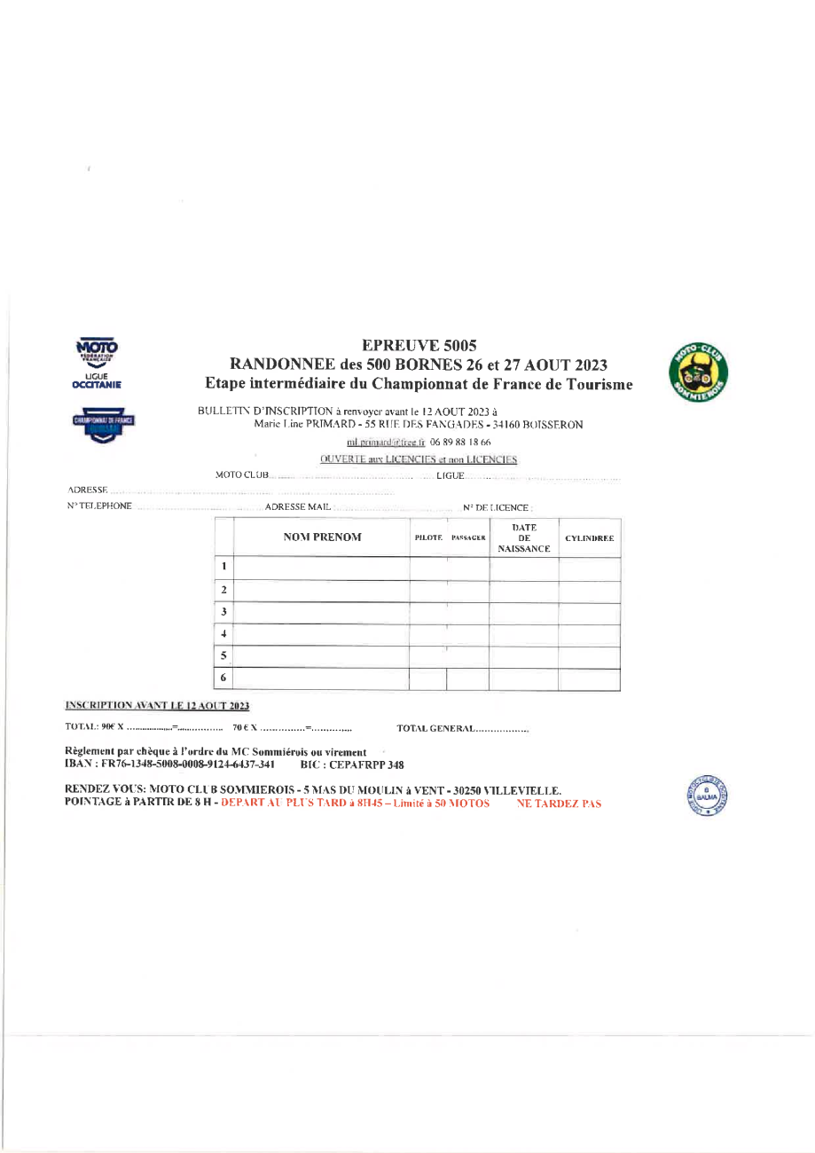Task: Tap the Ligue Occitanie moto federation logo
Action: [x=98, y=365]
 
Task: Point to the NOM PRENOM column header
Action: [x=322, y=537]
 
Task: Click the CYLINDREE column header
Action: [x=590, y=538]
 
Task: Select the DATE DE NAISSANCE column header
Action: [x=523, y=538]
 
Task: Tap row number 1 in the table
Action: [x=225, y=568]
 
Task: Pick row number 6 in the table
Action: [x=225, y=678]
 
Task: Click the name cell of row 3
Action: [x=322, y=612]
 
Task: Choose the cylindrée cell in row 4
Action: [x=590, y=634]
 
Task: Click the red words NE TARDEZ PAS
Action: [x=558, y=804]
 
